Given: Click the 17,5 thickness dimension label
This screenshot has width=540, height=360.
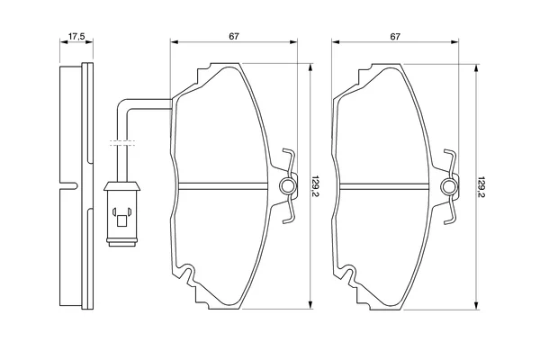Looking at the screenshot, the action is coord(76,36).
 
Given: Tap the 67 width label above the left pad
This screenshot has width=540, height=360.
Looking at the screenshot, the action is coord(234,36).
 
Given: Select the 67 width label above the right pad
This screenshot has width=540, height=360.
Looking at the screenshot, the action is coord(395,36).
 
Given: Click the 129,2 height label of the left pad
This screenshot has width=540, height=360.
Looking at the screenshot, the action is coord(316,186).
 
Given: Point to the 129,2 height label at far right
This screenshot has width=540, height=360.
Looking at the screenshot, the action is coord(481,187).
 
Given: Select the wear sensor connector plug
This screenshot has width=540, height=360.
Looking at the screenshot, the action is coord(121,214).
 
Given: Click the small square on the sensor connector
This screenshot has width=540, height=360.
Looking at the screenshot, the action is coord(121,220).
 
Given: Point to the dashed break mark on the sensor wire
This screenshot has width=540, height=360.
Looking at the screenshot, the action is coord(122,143).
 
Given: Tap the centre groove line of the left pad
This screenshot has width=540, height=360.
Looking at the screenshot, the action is coord(223,186).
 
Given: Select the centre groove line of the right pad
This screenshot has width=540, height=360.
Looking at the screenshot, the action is coord(384,186).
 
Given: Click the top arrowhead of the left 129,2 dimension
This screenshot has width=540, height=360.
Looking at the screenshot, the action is coord(310,67).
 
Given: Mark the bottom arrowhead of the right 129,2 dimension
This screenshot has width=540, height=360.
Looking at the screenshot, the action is coord(476,305).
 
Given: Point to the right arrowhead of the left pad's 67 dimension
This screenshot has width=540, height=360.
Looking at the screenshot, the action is coord(292,42).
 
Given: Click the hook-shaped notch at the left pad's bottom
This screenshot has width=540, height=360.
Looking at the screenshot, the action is coord(186,274).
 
